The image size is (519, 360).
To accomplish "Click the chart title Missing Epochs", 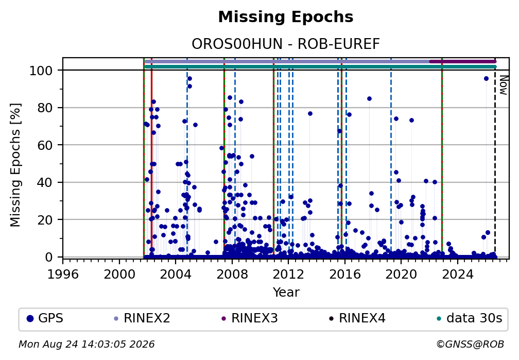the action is (x=286, y=17).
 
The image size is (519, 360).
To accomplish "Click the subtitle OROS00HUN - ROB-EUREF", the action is (x=286, y=44).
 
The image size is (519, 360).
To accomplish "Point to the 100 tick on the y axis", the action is (x=41, y=71).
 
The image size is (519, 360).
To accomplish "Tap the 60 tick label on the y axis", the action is (x=45, y=145).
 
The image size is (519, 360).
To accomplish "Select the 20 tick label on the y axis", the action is (x=45, y=219).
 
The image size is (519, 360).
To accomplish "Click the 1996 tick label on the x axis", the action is (x=63, y=274).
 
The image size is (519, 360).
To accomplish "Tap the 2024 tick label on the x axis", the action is (x=457, y=274).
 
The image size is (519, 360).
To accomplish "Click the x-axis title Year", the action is (x=286, y=293).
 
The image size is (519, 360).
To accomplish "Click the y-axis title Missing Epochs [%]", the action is (x=15, y=165).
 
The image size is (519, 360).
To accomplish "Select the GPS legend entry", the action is (x=45, y=318).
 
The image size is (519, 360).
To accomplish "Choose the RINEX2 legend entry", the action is (x=142, y=318).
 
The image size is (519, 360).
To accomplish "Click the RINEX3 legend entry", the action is (x=250, y=318).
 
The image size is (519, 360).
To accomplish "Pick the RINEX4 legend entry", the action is (x=357, y=318).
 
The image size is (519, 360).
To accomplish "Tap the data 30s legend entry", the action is (x=470, y=318).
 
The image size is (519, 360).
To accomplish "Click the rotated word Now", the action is (x=504, y=85).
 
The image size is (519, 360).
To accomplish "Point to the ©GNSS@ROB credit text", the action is (x=470, y=345).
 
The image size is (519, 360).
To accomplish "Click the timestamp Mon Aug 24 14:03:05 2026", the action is (x=86, y=345).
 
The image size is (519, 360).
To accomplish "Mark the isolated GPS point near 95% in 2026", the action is (x=486, y=78).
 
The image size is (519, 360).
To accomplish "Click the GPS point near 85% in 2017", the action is (x=369, y=99).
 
